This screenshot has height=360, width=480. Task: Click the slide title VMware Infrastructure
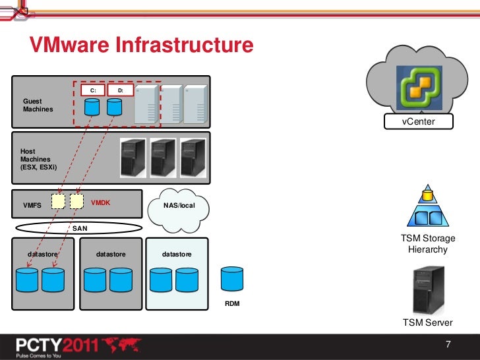click(x=140, y=45)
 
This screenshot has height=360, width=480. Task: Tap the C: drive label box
click(x=92, y=90)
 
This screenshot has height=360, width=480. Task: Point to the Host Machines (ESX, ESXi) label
click(x=39, y=159)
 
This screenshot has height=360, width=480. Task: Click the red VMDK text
click(x=100, y=203)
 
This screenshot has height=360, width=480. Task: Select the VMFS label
click(x=32, y=205)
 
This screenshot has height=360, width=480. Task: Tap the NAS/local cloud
click(x=179, y=206)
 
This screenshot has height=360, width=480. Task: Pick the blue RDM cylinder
click(x=232, y=280)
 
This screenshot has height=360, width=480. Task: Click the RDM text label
click(x=232, y=304)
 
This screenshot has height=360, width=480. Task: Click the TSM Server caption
click(x=428, y=322)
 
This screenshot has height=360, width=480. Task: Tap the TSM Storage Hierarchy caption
click(x=428, y=244)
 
